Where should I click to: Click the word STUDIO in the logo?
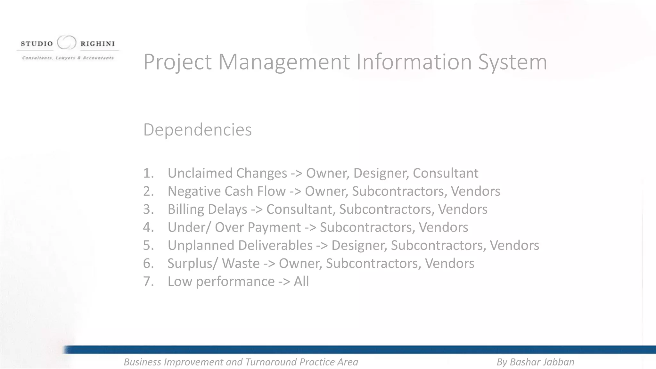pyautogui.click(x=37, y=44)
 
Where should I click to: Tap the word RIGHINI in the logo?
pyautogui.click(x=97, y=44)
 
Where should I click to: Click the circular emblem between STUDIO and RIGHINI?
pyautogui.click(x=67, y=43)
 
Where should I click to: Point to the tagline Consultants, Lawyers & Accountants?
pyautogui.click(x=68, y=58)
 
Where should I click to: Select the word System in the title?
pyautogui.click(x=512, y=62)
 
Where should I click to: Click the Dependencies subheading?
pyautogui.click(x=197, y=130)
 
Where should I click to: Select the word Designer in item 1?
pyautogui.click(x=381, y=173)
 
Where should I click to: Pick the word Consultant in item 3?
pyautogui.click(x=301, y=209)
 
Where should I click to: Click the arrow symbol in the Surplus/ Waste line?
pyautogui.click(x=269, y=264)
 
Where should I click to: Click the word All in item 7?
pyautogui.click(x=301, y=282)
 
